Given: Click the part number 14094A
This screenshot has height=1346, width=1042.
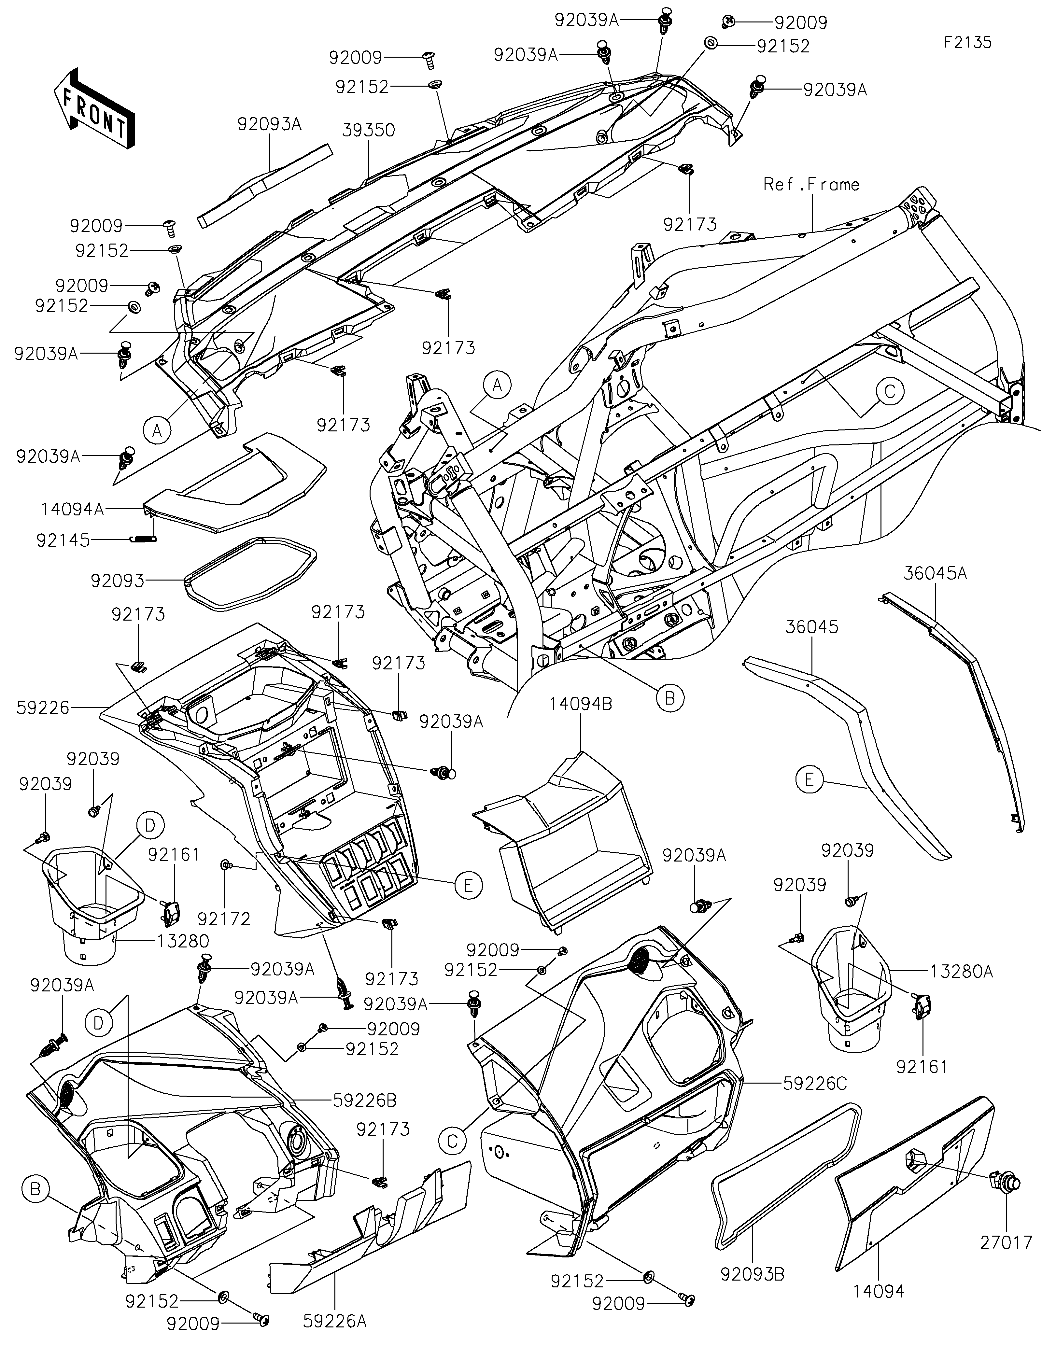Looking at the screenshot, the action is [x=73, y=509].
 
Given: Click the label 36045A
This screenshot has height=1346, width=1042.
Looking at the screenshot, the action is [x=936, y=574].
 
